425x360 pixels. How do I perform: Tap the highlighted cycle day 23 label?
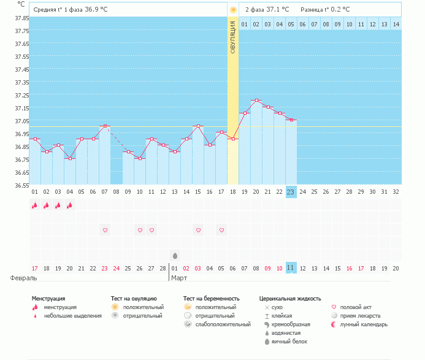(x=291, y=192)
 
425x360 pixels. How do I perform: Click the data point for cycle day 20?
(x=256, y=100)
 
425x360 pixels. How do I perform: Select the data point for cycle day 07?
(x=105, y=126)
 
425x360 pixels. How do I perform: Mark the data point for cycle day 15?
(x=198, y=126)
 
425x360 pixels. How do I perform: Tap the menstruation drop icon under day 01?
(x=35, y=205)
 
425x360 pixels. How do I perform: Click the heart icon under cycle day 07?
(x=105, y=230)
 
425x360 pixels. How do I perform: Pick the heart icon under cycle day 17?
(x=221, y=230)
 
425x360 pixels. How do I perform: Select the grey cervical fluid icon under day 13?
(x=175, y=255)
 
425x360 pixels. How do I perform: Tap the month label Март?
(x=179, y=278)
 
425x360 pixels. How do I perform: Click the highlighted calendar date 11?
(x=291, y=269)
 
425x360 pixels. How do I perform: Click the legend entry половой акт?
(x=357, y=307)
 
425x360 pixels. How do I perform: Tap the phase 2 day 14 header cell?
(x=396, y=24)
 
